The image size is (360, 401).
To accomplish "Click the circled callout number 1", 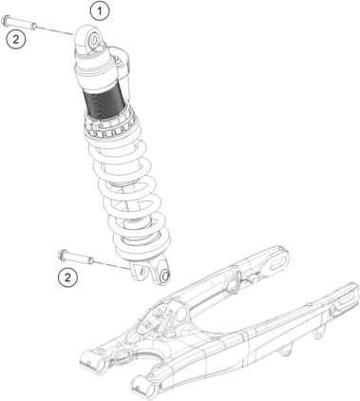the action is (x=100, y=11).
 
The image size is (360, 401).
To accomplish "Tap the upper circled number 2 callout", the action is (x=15, y=40).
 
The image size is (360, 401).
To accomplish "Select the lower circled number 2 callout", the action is (x=67, y=277).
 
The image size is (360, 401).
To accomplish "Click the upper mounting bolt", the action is (x=19, y=23).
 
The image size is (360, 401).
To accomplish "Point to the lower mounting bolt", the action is (x=76, y=258).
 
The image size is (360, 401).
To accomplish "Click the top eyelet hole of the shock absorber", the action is (x=94, y=40).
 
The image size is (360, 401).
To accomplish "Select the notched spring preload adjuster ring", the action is (x=109, y=125).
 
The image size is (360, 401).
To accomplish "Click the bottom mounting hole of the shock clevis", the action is (x=164, y=276).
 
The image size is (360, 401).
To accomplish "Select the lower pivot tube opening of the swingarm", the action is (x=149, y=390).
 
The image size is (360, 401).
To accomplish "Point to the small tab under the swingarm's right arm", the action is (x=319, y=334).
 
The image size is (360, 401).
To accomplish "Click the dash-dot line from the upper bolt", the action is (x=55, y=30).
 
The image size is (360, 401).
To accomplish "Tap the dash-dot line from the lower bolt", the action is (x=111, y=265).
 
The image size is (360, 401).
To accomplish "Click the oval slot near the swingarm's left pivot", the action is (x=122, y=357).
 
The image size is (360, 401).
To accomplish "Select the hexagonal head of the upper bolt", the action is (x=5, y=20).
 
